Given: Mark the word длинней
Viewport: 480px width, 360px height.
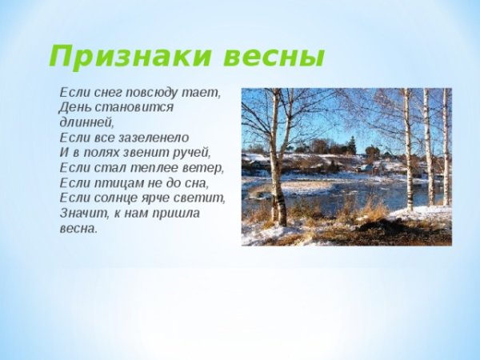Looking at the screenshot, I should (86, 122).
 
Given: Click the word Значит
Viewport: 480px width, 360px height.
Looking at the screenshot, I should (83, 213).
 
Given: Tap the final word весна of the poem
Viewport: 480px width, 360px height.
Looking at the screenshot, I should (78, 228).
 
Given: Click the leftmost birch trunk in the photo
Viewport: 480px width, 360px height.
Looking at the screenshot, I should (275, 160).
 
